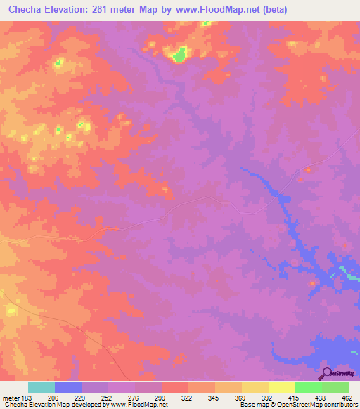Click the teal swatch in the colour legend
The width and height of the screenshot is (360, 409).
(41, 387)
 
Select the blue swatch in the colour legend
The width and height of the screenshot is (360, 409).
(68, 387)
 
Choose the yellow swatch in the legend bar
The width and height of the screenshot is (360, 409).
(282, 387)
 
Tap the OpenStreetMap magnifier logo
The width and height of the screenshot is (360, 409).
(326, 372)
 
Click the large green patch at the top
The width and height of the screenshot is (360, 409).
(179, 53)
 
